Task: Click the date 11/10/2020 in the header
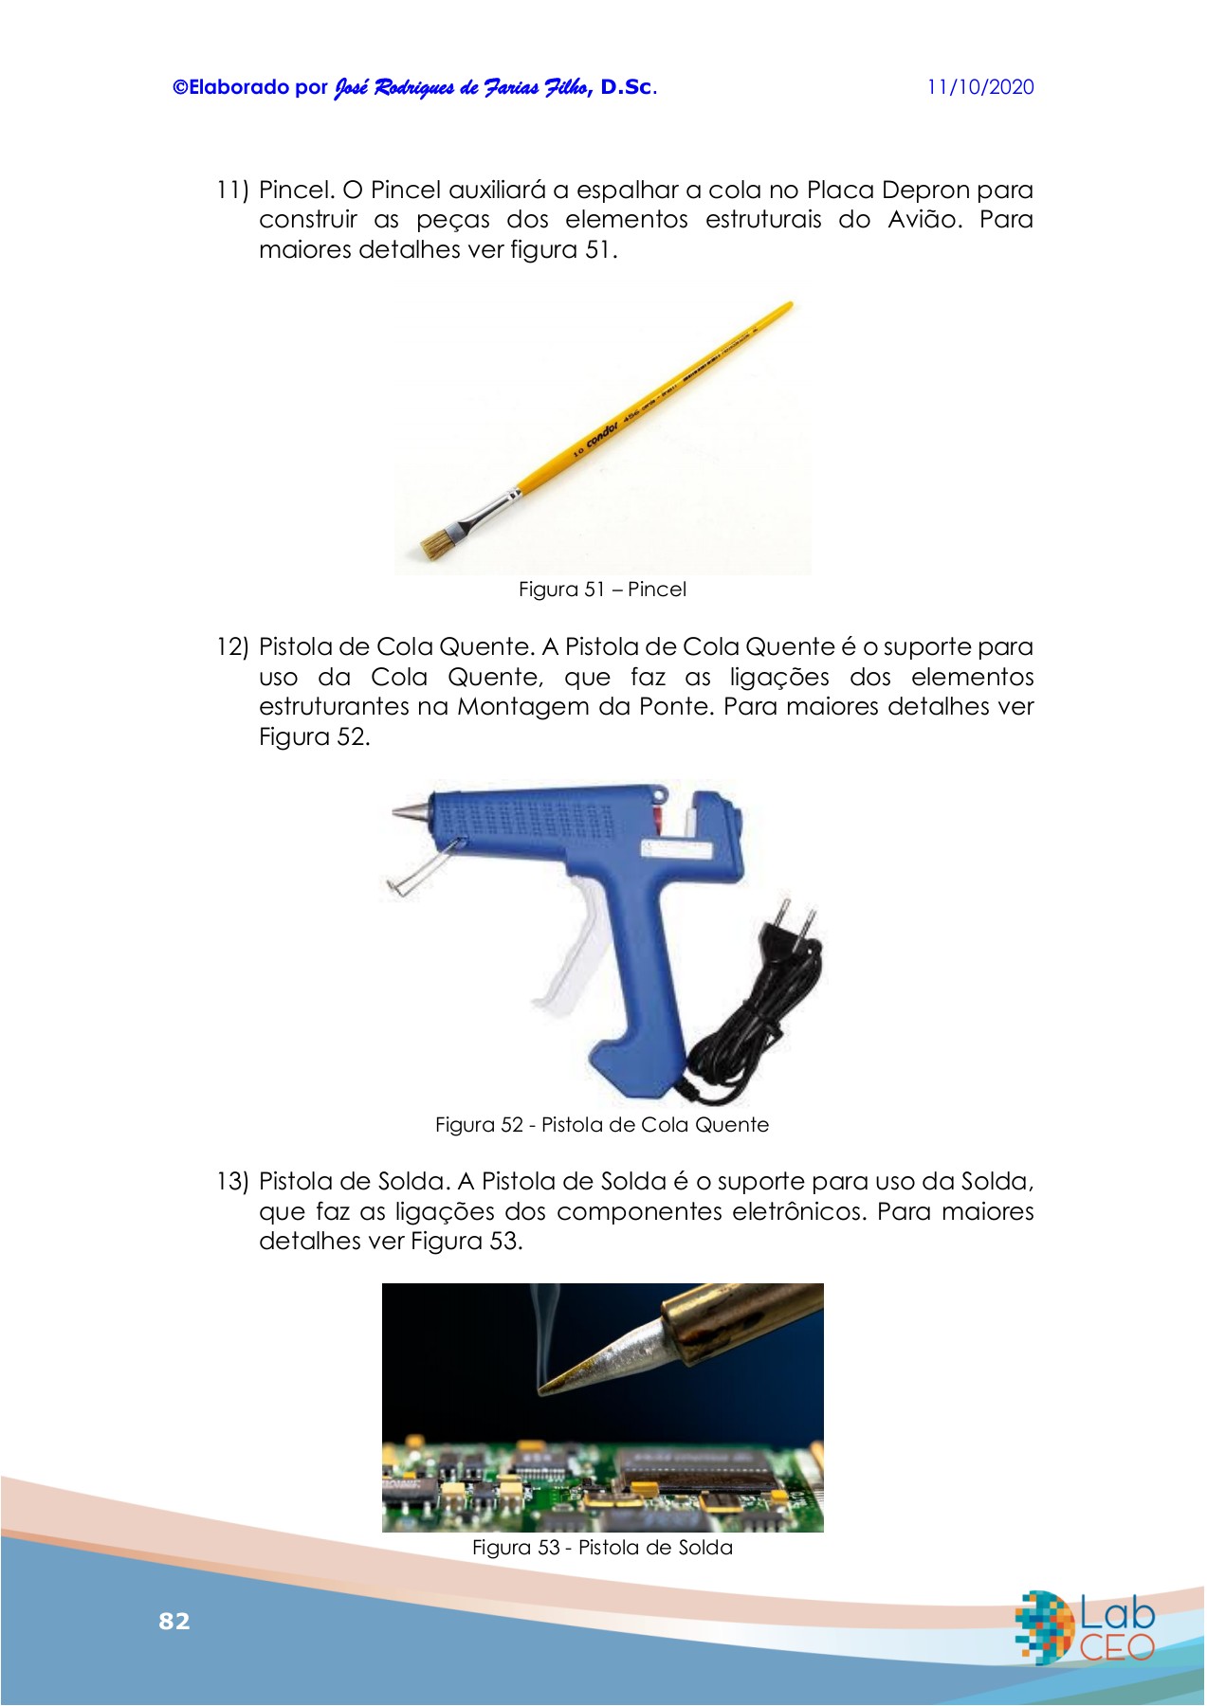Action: (x=980, y=87)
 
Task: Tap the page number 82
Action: (x=174, y=1621)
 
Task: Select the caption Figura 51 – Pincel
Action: (x=602, y=590)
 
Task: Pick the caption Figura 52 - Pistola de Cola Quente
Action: (x=602, y=1125)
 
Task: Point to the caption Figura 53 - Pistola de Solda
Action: (x=602, y=1548)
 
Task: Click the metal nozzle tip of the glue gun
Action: (x=409, y=812)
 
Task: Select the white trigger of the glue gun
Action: (x=570, y=948)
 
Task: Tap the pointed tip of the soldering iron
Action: (x=538, y=1391)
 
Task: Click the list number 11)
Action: (x=232, y=190)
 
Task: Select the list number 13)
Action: (x=232, y=1182)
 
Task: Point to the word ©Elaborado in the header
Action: (x=230, y=87)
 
